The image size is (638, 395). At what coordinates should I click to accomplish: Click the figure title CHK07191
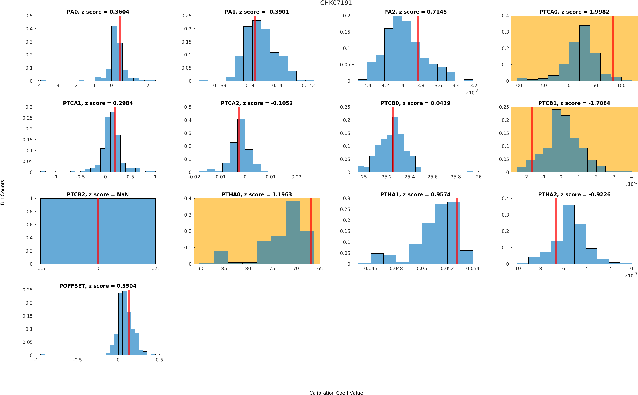point(336,3)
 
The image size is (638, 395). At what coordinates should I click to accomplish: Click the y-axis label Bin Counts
point(3,192)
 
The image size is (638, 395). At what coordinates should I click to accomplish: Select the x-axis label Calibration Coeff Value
point(336,392)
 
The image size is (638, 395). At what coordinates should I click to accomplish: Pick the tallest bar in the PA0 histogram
point(114,54)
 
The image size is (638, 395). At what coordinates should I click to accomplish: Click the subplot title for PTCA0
point(574,12)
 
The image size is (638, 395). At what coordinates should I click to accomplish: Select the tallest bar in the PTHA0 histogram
point(292,233)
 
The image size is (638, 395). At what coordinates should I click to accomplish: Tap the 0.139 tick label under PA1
point(220,86)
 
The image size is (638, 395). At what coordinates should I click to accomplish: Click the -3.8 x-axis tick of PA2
point(420,86)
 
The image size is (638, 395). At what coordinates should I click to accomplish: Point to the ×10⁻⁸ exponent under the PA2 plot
point(472,93)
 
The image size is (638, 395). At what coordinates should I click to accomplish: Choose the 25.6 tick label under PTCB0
point(432,177)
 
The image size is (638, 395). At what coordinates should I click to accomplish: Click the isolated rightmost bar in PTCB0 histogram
point(470,171)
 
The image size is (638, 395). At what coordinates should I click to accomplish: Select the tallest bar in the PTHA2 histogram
point(568,234)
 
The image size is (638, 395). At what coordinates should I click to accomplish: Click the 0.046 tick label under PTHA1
point(371,269)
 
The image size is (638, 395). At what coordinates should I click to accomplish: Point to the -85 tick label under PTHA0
point(223,269)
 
